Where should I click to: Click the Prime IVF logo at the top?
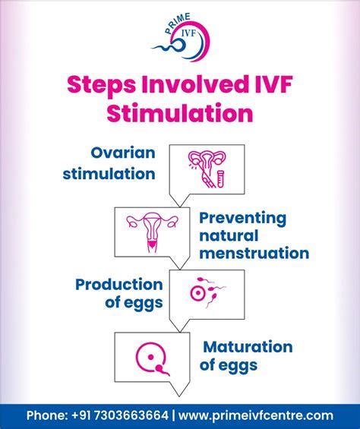pos(182,37)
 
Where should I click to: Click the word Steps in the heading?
pos(101,86)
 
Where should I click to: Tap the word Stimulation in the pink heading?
pos(180,113)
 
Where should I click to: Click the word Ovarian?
pos(123,153)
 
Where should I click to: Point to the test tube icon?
pos(220,178)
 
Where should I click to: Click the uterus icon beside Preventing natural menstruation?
pos(152,232)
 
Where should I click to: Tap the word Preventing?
pos(242,219)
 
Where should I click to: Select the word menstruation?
pos(254,254)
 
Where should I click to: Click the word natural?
pos(229,235)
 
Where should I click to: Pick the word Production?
pos(119,285)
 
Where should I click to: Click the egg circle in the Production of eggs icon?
pos(197,294)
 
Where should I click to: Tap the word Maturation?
pos(248,347)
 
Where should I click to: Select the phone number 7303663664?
pos(131,415)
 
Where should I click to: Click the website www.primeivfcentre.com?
pos(256,415)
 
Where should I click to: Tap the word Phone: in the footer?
pos(47,415)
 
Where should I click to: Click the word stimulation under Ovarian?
pos(109,174)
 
